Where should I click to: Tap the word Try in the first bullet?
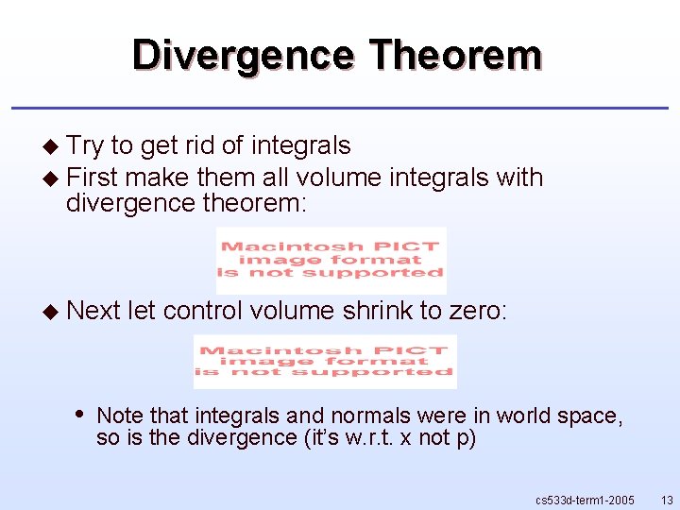pos(85,145)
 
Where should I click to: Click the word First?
pos(93,178)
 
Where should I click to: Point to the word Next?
pos(93,310)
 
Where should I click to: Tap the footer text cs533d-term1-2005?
pos(585,499)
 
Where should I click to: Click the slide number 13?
pos(667,499)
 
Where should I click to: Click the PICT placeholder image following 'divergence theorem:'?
pos(331,260)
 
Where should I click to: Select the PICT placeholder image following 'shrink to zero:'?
pos(325,362)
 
